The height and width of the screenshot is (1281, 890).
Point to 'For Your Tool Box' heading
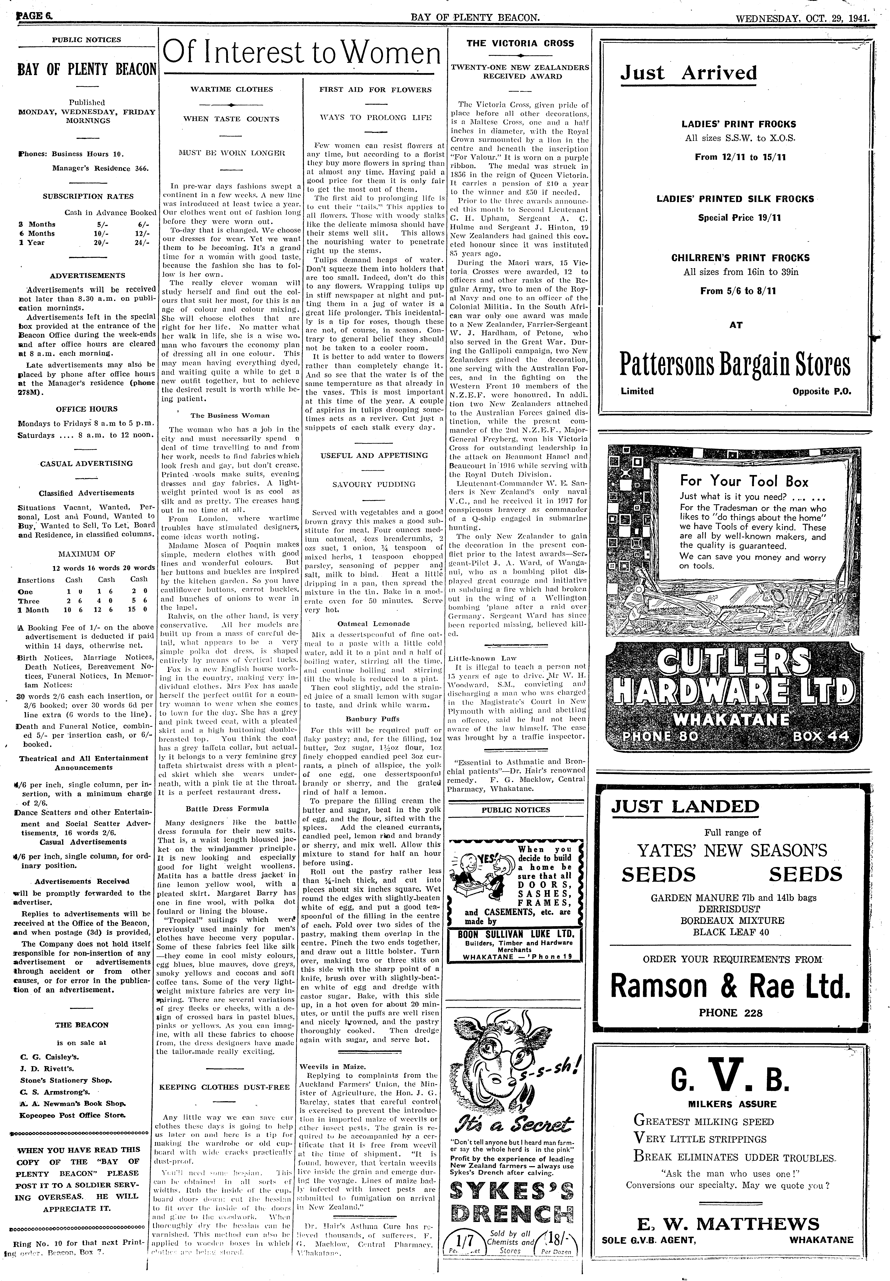pyautogui.click(x=736, y=481)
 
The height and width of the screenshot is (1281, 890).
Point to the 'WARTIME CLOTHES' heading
pyautogui.click(x=231, y=89)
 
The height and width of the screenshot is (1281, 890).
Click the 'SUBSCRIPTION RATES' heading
pyautogui.click(x=88, y=196)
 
